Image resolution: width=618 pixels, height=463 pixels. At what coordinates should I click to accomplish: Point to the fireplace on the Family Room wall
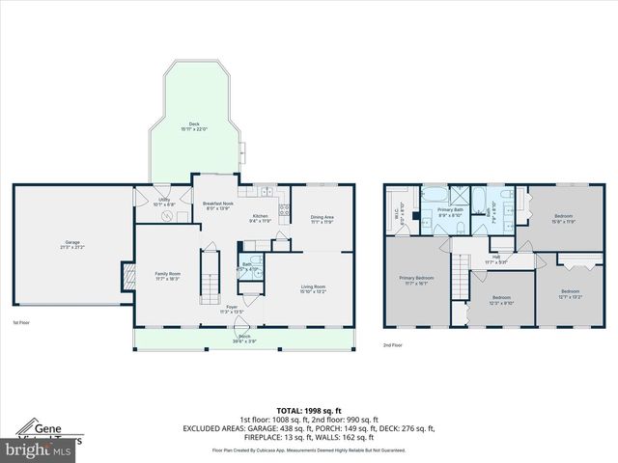124,278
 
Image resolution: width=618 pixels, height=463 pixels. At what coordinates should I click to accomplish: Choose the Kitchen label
261,218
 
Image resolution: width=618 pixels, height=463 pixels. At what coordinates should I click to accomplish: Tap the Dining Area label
322,220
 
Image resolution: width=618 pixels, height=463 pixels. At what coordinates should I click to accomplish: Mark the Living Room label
313,288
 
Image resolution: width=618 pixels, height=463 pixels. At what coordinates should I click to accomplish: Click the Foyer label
231,310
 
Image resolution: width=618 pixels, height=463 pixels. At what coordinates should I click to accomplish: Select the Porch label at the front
243,338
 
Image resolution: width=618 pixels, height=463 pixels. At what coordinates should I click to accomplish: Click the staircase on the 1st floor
206,273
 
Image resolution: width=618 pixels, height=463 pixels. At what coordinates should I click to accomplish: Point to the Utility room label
165,203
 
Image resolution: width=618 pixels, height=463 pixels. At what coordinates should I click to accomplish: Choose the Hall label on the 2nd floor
496,259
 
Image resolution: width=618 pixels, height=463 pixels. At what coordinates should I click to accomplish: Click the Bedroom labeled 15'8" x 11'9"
563,219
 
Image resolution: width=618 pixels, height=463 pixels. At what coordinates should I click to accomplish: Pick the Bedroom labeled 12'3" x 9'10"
501,300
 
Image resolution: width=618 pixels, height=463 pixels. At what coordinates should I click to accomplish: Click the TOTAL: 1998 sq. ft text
309,412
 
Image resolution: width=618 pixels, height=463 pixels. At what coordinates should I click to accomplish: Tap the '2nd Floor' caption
392,345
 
